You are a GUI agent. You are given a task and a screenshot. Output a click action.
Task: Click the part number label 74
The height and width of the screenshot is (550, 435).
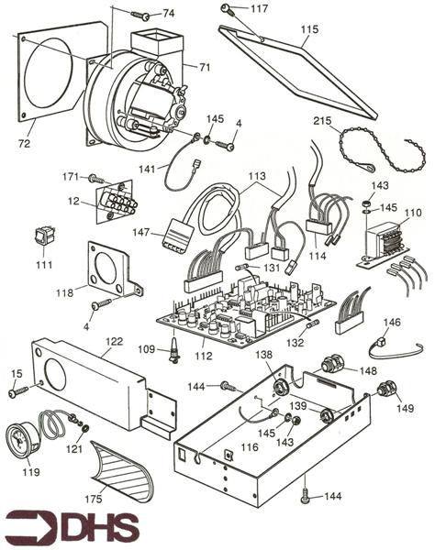pos(169,14)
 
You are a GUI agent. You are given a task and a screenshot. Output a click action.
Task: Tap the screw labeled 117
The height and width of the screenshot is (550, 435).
pos(227,9)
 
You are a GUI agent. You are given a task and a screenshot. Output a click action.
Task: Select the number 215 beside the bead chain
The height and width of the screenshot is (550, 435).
pos(322,121)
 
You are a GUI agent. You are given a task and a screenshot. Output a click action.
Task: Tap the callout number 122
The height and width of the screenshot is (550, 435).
pos(115,341)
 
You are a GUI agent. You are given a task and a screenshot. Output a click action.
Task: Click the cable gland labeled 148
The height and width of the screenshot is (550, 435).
pos(330,367)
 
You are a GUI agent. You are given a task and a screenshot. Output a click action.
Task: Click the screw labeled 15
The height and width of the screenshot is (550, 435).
pos(18,391)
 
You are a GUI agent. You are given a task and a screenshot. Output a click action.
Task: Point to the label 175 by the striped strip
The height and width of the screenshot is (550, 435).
pos(94,499)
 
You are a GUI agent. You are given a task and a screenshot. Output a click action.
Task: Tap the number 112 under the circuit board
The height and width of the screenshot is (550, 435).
pos(204,356)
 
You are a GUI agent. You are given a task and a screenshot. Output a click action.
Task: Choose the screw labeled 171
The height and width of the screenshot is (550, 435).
pos(95,179)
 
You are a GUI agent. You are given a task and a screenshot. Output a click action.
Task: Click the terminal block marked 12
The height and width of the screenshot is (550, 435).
pos(115,202)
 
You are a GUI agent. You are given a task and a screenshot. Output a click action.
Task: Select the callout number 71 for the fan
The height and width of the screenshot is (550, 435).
pos(205,67)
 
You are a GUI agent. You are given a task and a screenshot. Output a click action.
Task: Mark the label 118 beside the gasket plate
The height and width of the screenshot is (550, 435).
pos(64,292)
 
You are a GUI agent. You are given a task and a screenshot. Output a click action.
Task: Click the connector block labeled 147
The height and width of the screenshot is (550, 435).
pos(178,235)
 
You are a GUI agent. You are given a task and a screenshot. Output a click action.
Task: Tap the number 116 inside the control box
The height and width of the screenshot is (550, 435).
pos(250,447)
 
